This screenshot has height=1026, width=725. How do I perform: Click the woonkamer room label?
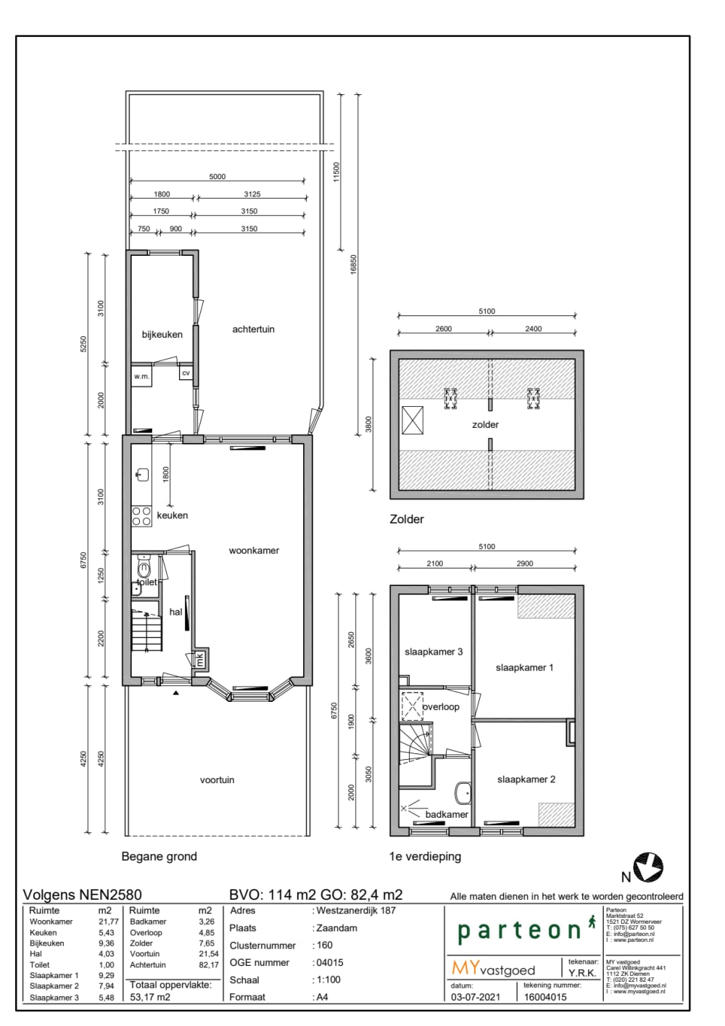[254, 550]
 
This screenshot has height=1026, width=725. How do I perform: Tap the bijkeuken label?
[162, 334]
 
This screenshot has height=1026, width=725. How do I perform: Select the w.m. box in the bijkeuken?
[141, 376]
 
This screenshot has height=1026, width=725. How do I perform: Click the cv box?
[186, 373]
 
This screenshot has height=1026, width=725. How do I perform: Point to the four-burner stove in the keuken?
[141, 516]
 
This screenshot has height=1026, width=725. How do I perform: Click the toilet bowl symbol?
[144, 569]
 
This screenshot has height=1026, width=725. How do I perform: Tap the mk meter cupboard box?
[200, 659]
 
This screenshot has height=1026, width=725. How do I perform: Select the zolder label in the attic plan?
[485, 425]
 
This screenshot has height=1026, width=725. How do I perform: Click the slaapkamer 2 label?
[526, 779]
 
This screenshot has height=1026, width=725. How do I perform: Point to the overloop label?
[441, 706]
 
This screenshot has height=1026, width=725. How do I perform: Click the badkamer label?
[447, 814]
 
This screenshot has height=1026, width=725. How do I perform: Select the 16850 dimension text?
[354, 264]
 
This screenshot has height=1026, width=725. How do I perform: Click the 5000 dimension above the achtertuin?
[217, 176]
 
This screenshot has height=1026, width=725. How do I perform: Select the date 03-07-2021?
[475, 997]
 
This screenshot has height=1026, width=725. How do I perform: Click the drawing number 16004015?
[545, 997]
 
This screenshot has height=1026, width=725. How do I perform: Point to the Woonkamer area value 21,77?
[108, 922]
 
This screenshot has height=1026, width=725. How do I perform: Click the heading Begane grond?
[159, 856]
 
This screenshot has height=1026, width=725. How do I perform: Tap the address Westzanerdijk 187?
[356, 911]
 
